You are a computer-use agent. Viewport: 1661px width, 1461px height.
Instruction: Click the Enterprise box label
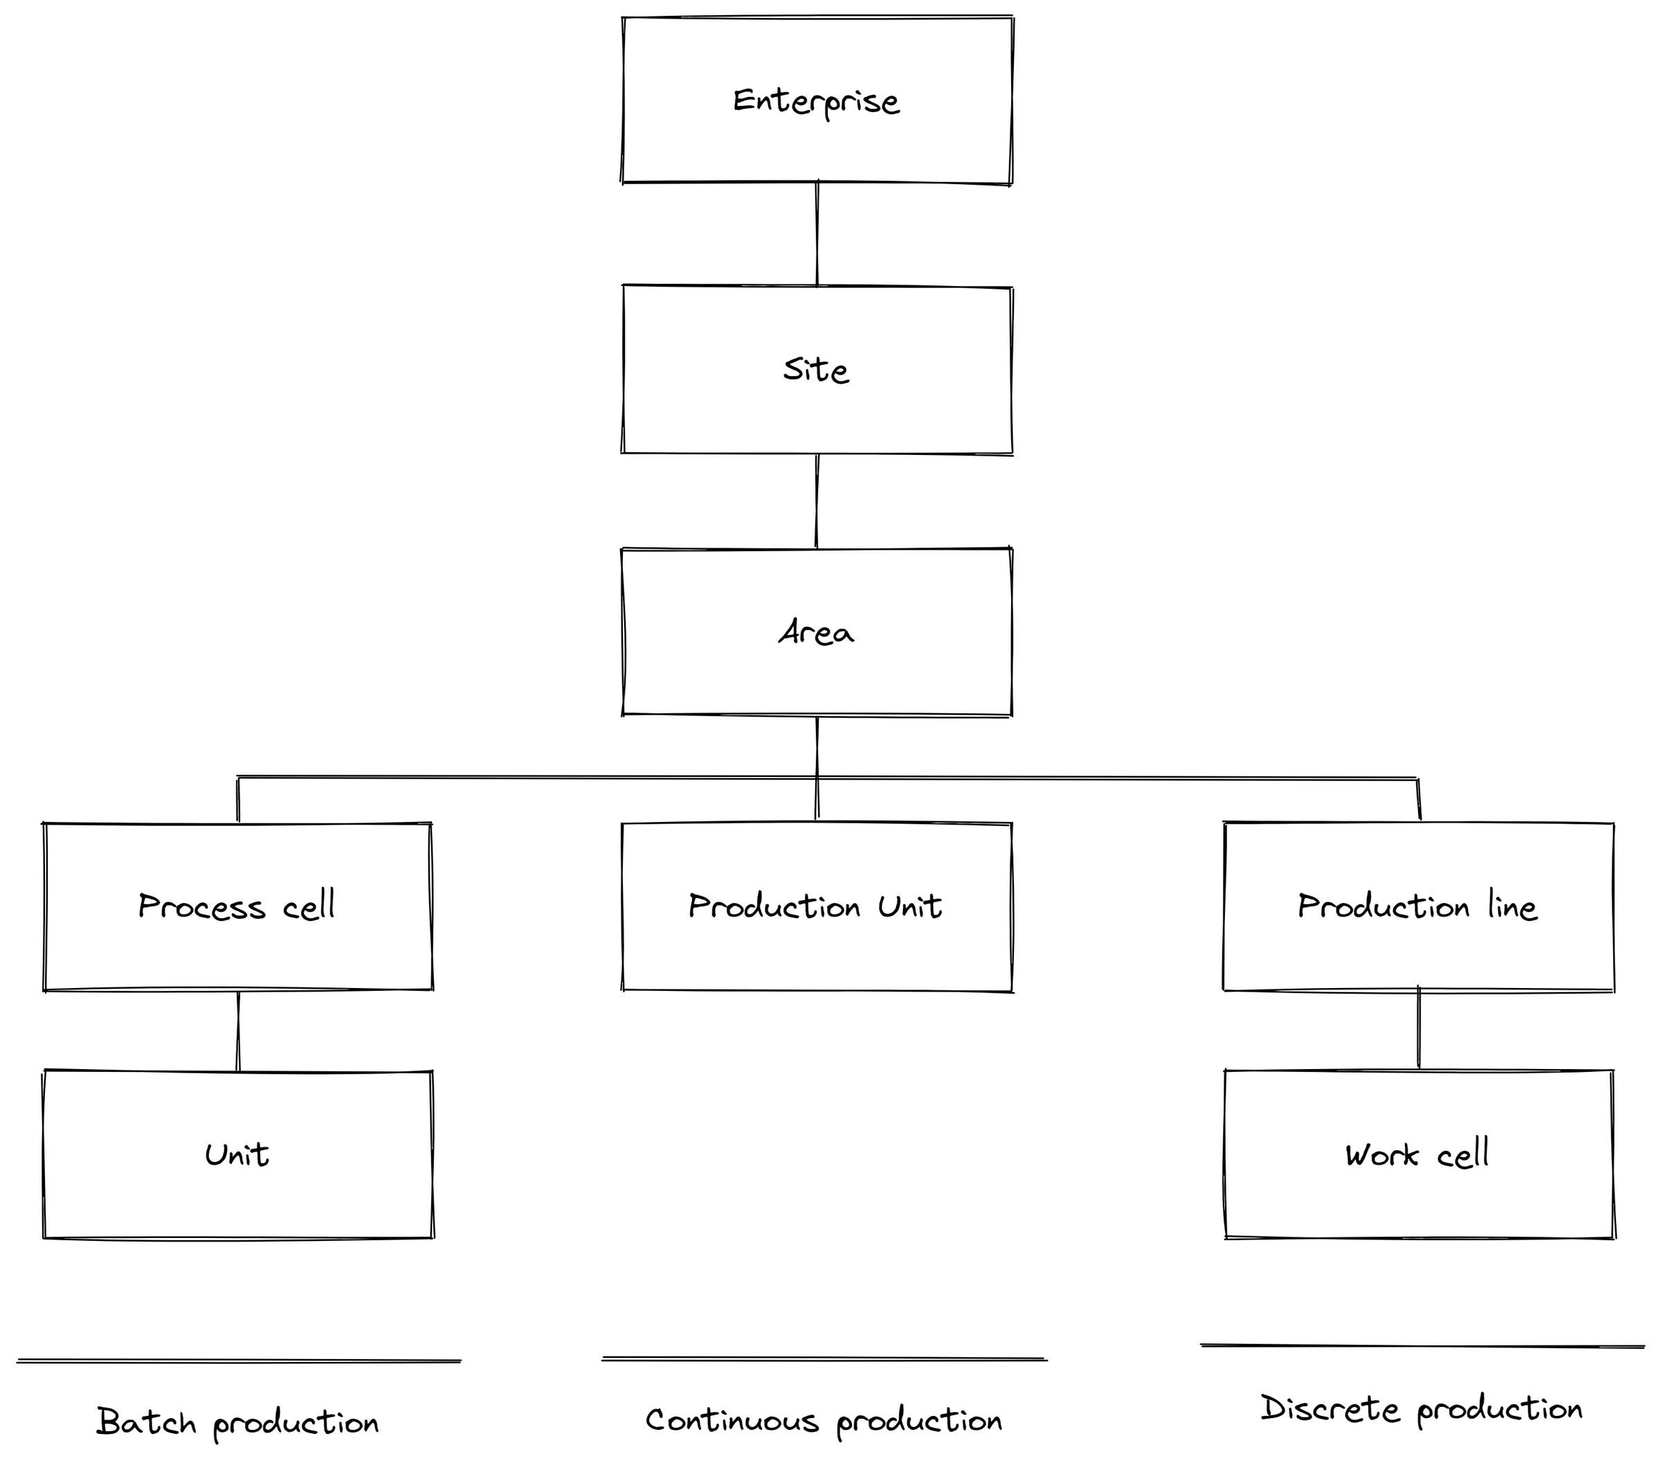pyautogui.click(x=816, y=102)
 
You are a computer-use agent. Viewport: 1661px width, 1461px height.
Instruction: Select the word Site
pyautogui.click(x=816, y=370)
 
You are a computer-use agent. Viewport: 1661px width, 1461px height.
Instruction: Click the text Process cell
pyautogui.click(x=237, y=906)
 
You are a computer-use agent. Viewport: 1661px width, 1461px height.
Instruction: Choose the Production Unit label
pyautogui.click(x=815, y=906)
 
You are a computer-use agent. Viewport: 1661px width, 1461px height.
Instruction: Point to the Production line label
pyautogui.click(x=1417, y=906)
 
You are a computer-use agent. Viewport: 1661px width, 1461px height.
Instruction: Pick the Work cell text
pyautogui.click(x=1417, y=1154)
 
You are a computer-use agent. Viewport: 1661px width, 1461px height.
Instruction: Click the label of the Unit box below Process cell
pyautogui.click(x=237, y=1154)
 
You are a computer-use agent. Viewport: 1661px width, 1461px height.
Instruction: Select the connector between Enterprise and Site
pyautogui.click(x=817, y=234)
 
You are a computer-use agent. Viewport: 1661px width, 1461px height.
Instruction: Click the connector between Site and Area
pyautogui.click(x=817, y=501)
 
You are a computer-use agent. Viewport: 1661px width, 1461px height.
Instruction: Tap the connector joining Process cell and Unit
pyautogui.click(x=238, y=1031)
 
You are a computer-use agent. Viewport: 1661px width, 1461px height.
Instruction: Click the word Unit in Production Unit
pyautogui.click(x=910, y=906)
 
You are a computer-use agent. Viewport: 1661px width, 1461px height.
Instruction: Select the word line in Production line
pyautogui.click(x=1512, y=906)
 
